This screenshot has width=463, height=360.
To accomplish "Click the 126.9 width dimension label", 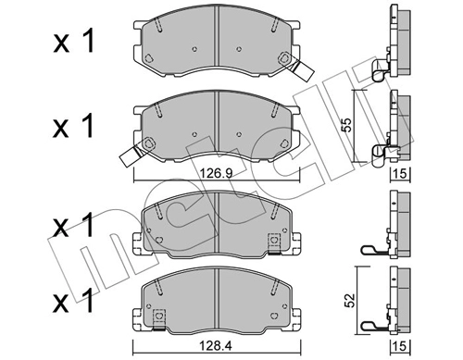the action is pos(217,174).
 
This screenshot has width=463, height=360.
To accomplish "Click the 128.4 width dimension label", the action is pos(217,346).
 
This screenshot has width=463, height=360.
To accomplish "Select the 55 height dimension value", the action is pos(348,125).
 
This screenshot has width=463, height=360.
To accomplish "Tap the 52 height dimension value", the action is pos(349,300).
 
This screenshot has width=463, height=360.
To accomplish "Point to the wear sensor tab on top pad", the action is pos(304,72).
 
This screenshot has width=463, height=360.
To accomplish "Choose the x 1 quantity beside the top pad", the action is pos(73,42).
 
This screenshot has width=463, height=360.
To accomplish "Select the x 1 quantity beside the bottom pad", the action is pos(73,300).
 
